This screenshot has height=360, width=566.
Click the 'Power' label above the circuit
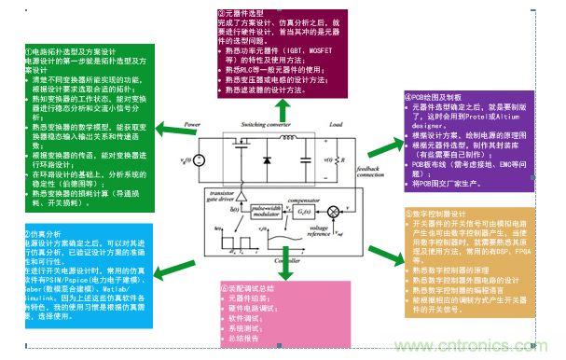click(191, 124)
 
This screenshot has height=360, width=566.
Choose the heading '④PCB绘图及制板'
click(438, 96)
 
